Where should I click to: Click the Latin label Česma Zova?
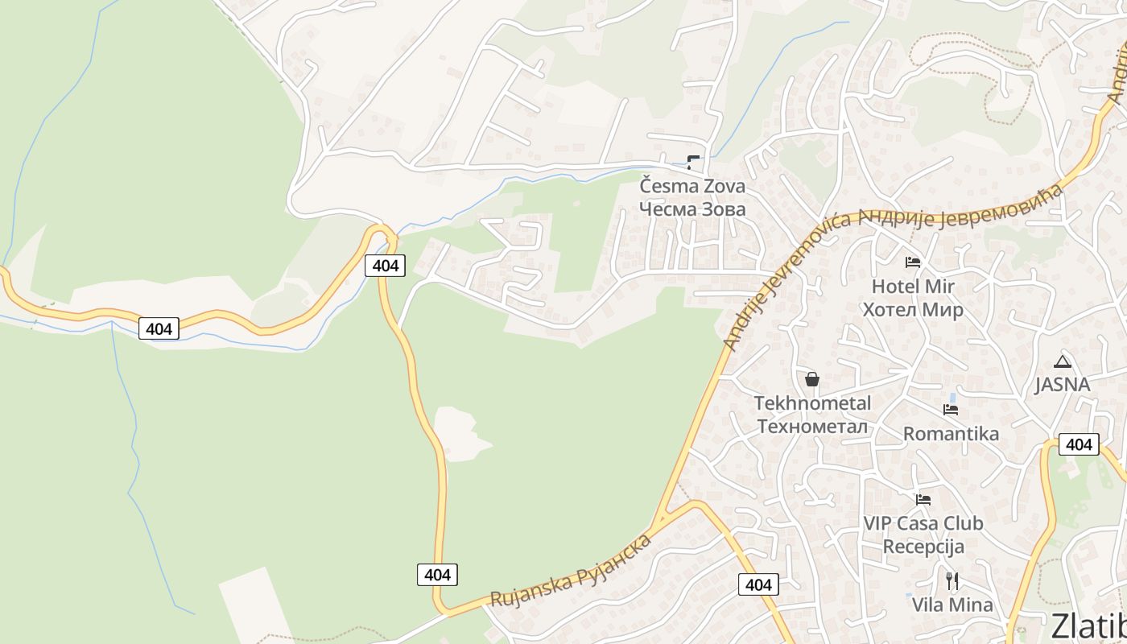(x=692, y=186)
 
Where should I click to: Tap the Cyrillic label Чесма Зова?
(x=692, y=209)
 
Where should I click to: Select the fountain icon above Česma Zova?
(x=692, y=162)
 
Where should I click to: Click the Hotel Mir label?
(x=913, y=286)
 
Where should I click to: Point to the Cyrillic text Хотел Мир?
(x=913, y=310)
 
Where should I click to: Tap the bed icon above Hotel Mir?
(x=913, y=262)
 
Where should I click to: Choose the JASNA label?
(x=1062, y=384)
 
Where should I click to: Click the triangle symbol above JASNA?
(x=1063, y=361)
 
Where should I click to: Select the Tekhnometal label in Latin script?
(x=812, y=402)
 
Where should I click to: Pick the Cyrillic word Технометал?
(x=812, y=426)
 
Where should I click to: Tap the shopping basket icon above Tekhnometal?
(x=812, y=378)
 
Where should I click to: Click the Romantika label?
(x=951, y=434)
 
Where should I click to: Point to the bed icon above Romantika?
(x=951, y=410)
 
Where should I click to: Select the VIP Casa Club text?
(x=923, y=523)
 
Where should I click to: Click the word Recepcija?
(x=923, y=547)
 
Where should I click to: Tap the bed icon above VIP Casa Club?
(x=923, y=500)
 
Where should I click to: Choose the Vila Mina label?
(x=952, y=605)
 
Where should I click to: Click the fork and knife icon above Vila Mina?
(x=952, y=580)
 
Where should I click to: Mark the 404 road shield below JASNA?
(x=1079, y=444)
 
